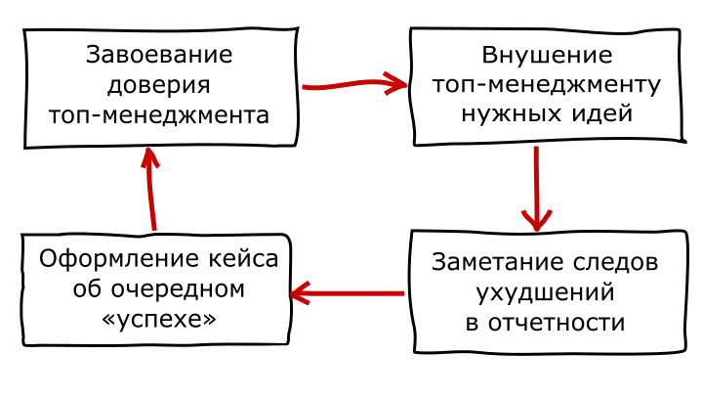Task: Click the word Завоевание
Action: point(160,55)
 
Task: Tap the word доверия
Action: point(160,85)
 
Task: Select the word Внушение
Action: point(547,55)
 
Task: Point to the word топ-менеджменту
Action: point(547,85)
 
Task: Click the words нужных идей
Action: point(547,113)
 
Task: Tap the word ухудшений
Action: point(545,293)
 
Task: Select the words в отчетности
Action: point(545,323)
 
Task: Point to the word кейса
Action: point(239,260)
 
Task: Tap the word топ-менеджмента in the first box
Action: point(160,115)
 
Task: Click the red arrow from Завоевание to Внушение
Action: point(351,85)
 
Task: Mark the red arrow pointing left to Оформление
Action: point(348,292)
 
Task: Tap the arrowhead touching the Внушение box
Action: point(396,84)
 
